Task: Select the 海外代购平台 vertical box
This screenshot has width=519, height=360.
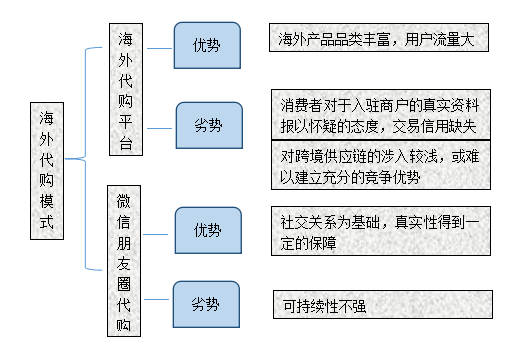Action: [x=125, y=90]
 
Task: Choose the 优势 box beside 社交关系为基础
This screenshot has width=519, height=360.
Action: [x=207, y=230]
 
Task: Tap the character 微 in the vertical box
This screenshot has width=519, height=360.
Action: [x=124, y=201]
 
